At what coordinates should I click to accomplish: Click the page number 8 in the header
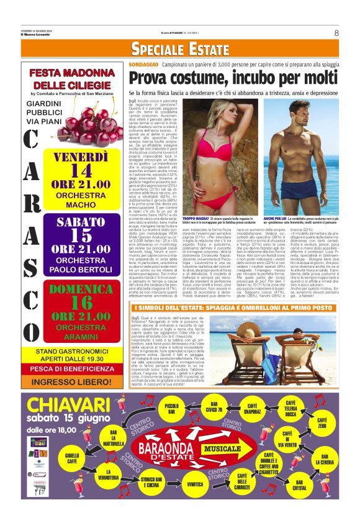tap(336, 33)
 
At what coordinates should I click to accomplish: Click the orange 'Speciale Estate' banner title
tap(180, 50)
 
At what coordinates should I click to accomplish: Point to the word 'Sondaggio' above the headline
tap(143, 64)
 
